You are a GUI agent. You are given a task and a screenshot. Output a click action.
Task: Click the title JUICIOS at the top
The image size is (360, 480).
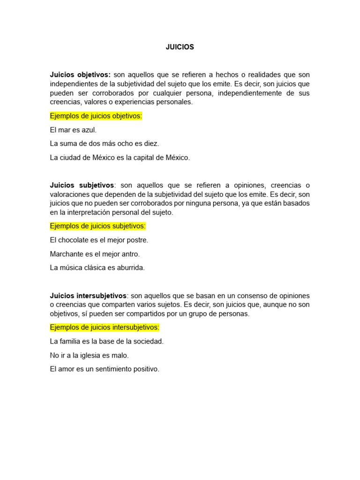pyautogui.click(x=180, y=47)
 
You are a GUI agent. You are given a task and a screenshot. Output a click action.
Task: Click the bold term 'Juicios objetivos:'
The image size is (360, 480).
pyautogui.click(x=80, y=75)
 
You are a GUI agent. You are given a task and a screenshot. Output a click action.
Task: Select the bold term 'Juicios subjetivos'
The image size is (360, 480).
pyautogui.click(x=82, y=185)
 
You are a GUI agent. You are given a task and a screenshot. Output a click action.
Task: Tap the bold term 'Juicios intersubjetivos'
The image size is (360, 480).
pyautogui.click(x=88, y=296)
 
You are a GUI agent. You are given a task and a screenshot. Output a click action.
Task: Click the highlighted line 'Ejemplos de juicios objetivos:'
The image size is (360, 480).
pyautogui.click(x=96, y=116)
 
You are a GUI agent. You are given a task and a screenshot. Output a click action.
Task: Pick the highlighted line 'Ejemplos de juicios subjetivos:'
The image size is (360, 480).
pyautogui.click(x=98, y=226)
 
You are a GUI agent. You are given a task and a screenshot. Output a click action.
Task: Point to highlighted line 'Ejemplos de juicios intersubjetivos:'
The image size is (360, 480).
pyautogui.click(x=105, y=327)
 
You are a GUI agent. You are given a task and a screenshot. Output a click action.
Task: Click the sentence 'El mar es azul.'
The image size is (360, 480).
pyautogui.click(x=73, y=130)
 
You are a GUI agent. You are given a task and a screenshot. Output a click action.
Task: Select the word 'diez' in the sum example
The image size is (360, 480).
pyautogui.click(x=151, y=144)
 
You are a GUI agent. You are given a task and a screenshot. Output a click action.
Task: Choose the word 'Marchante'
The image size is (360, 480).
pyautogui.click(x=66, y=254)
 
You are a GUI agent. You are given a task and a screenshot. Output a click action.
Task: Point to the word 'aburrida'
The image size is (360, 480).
pyautogui.click(x=131, y=268)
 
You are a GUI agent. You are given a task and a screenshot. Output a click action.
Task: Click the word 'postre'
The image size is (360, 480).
pyautogui.click(x=137, y=240)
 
